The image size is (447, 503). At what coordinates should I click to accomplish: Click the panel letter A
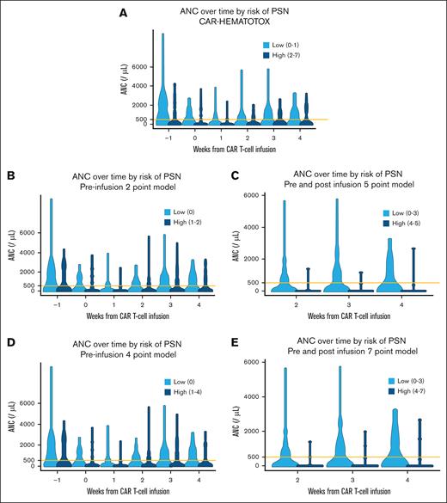[124, 14]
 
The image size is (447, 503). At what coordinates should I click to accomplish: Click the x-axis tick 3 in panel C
[336, 303]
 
